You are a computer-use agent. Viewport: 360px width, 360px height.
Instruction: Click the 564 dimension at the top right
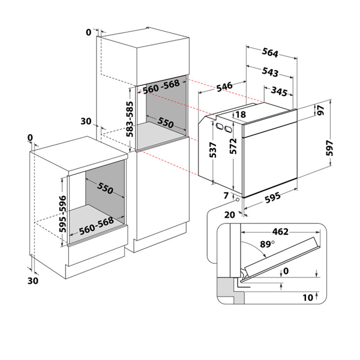[270, 53]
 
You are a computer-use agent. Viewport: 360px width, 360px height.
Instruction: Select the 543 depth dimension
[270, 73]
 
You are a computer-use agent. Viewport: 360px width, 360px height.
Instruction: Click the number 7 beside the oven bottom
[226, 196]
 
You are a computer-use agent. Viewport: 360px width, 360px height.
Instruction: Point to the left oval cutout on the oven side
[220, 127]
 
